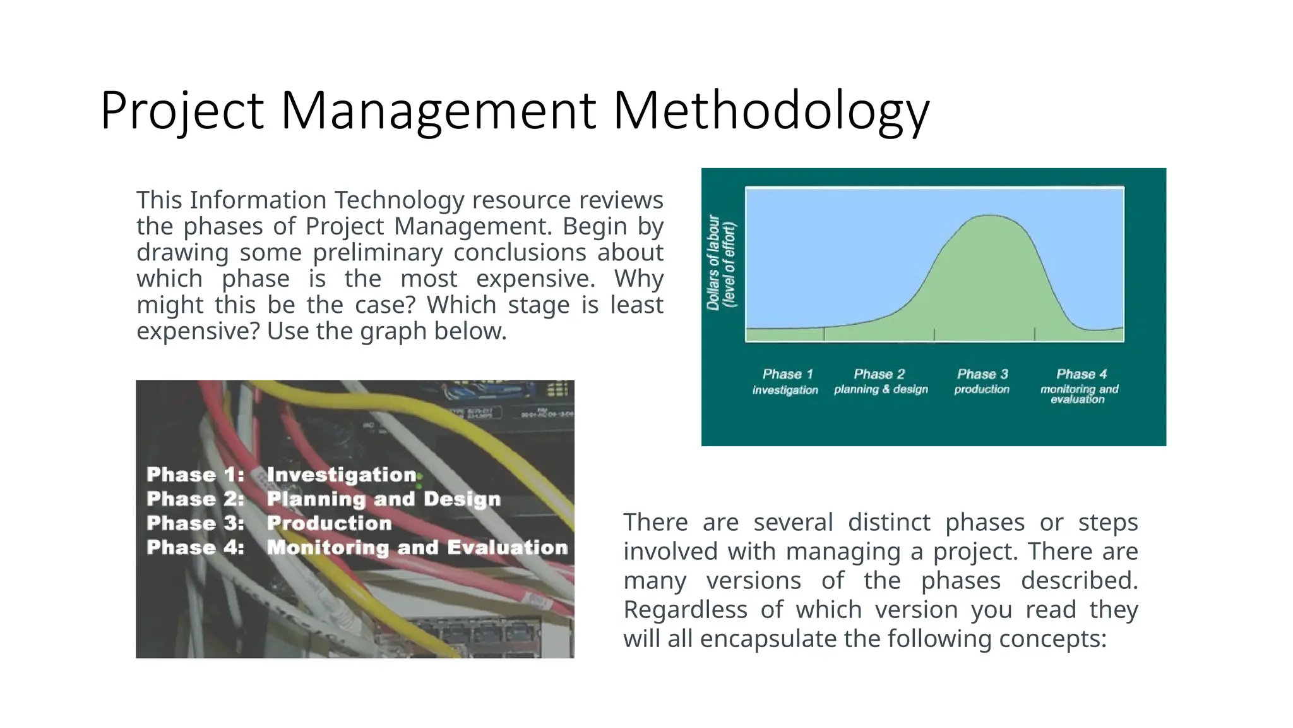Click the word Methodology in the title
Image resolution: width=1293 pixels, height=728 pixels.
[771, 111]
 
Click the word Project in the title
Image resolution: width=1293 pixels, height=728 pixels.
[182, 111]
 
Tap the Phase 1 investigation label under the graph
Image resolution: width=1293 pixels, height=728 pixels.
[786, 382]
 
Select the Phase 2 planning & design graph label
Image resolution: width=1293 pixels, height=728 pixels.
[881, 381]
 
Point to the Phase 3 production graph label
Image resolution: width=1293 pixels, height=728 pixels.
[982, 381]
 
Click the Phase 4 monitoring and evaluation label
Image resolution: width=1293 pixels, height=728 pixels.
[1080, 385]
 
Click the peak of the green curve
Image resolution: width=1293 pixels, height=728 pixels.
[989, 217]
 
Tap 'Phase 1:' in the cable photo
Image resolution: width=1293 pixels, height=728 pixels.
[195, 475]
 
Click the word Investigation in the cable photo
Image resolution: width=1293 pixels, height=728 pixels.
[342, 475]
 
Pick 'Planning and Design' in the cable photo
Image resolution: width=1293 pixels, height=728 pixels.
[383, 499]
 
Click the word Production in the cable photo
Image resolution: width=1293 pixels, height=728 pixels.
[329, 523]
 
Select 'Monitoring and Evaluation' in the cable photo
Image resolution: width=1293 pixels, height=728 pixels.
[417, 547]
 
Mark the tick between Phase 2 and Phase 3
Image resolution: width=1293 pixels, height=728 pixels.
[934, 334]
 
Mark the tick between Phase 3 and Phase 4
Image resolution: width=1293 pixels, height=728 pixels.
[1034, 334]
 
